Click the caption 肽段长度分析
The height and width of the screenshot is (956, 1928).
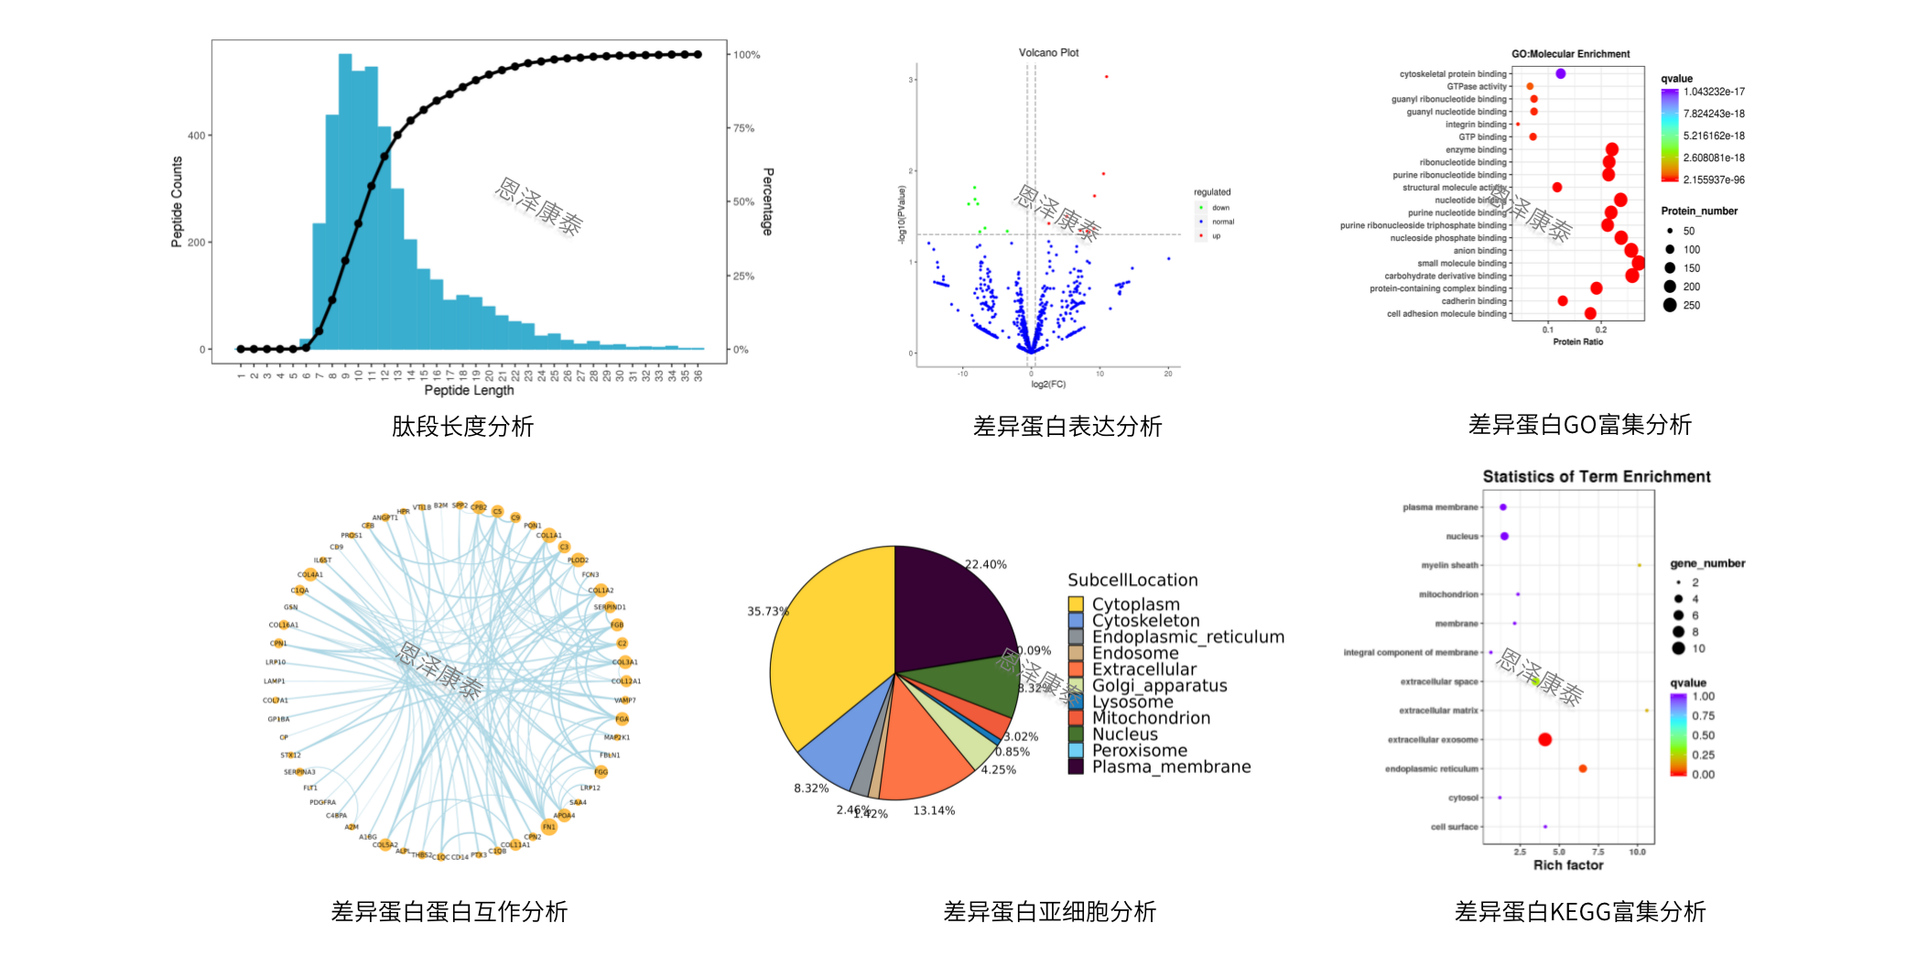pyautogui.click(x=462, y=427)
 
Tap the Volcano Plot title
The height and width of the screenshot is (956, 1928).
pyautogui.click(x=1048, y=53)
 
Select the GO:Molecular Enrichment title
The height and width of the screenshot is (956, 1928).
pyautogui.click(x=1570, y=54)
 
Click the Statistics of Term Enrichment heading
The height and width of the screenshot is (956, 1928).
pyautogui.click(x=1596, y=476)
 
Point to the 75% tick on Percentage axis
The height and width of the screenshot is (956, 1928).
pyautogui.click(x=743, y=128)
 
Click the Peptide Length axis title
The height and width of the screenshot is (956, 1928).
pyautogui.click(x=469, y=390)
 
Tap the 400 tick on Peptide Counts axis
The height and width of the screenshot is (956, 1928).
pyautogui.click(x=196, y=136)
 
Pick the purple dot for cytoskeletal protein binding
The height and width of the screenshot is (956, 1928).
pyautogui.click(x=1560, y=73)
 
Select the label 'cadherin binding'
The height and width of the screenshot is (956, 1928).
pyautogui.click(x=1473, y=301)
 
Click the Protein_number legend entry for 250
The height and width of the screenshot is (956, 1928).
pyautogui.click(x=1690, y=306)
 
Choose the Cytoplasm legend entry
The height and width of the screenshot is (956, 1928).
pyautogui.click(x=1135, y=604)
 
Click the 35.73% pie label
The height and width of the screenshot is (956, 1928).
pyautogui.click(x=767, y=611)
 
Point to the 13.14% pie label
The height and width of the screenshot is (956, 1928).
pyautogui.click(x=934, y=810)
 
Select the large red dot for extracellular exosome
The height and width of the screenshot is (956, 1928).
pyautogui.click(x=1544, y=739)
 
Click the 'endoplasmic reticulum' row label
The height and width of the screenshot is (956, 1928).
pyautogui.click(x=1431, y=769)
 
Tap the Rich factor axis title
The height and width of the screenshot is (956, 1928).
pyautogui.click(x=1568, y=865)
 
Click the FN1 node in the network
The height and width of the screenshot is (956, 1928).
pyautogui.click(x=548, y=827)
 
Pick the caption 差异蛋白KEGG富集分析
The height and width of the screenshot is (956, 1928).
pyautogui.click(x=1579, y=912)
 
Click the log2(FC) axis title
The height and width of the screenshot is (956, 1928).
pyautogui.click(x=1048, y=385)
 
